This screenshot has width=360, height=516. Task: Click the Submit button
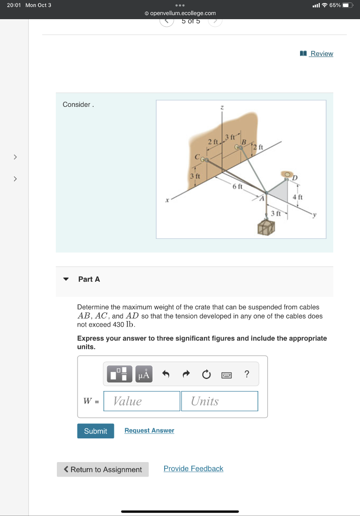(95, 431)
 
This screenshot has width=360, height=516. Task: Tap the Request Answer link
(149, 430)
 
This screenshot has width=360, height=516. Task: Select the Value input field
(142, 401)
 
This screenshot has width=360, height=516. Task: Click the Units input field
(220, 401)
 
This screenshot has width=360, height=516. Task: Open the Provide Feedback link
(193, 469)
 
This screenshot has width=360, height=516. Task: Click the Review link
(321, 53)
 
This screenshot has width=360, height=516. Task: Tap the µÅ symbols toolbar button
(143, 374)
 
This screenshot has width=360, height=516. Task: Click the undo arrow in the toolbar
(165, 374)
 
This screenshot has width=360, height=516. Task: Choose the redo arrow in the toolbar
(185, 374)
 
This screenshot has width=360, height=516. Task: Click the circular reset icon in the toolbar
(205, 374)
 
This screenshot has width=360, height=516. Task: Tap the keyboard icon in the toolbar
(226, 374)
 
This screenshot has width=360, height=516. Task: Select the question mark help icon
(246, 374)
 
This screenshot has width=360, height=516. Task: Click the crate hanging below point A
(266, 227)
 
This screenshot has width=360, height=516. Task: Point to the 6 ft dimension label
(237, 186)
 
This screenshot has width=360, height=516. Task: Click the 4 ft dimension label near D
(298, 197)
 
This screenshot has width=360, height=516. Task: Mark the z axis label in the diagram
(221, 107)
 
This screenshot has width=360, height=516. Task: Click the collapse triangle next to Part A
(65, 279)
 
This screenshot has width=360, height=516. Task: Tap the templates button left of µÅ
(120, 374)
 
